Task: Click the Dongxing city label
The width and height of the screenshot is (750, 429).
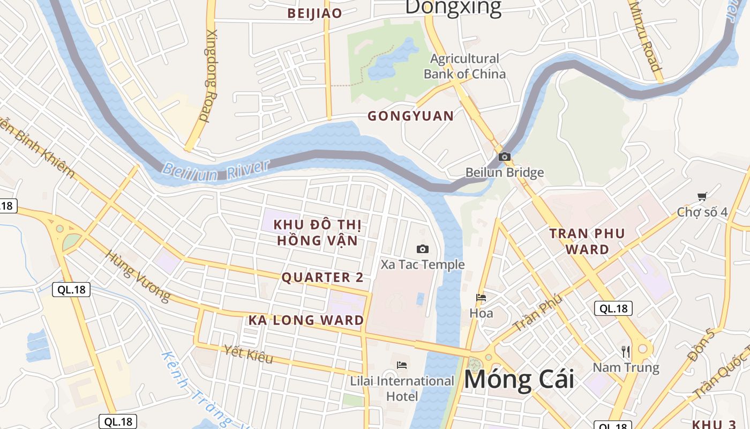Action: pyautogui.click(x=453, y=8)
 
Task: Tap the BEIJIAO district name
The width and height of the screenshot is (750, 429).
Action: pyautogui.click(x=314, y=14)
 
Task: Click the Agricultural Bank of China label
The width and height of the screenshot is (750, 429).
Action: pyautogui.click(x=464, y=66)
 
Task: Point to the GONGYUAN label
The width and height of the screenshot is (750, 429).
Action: pyautogui.click(x=411, y=116)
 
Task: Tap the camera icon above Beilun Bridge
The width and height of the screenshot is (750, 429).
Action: pyautogui.click(x=504, y=157)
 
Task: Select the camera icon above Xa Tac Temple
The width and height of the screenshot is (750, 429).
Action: pyautogui.click(x=423, y=249)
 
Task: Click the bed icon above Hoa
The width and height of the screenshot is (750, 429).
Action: pyautogui.click(x=481, y=298)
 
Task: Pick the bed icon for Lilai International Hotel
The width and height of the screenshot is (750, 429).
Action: pyautogui.click(x=402, y=365)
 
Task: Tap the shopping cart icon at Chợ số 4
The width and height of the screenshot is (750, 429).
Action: pyautogui.click(x=702, y=197)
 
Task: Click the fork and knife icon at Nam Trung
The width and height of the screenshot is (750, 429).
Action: pyautogui.click(x=626, y=352)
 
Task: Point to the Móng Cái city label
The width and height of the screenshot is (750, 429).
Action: pyautogui.click(x=519, y=380)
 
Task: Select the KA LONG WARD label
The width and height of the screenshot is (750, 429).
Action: pyautogui.click(x=306, y=321)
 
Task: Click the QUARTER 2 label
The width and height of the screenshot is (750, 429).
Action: pyautogui.click(x=322, y=277)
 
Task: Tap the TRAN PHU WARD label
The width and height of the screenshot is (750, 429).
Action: pyautogui.click(x=587, y=241)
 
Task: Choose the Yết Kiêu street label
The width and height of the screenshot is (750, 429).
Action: pyautogui.click(x=249, y=354)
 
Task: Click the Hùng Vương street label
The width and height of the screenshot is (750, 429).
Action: pyautogui.click(x=138, y=276)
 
